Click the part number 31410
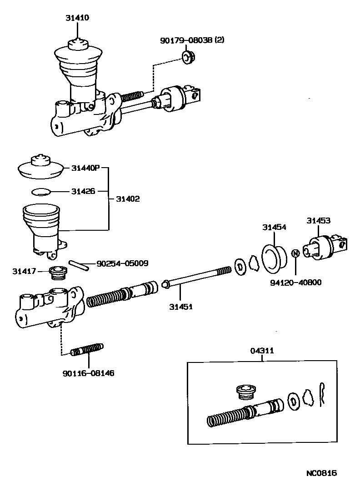point(78,18)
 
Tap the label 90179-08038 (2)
point(192,40)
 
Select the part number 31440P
point(85,168)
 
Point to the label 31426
point(83,191)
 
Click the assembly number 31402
point(128,198)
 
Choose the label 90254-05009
point(122,263)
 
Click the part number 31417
point(24,272)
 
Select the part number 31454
point(274,227)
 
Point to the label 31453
point(318,221)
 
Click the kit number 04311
point(262,351)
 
